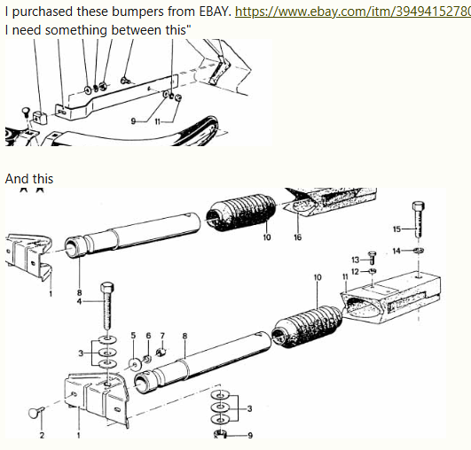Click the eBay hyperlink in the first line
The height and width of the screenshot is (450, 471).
353,12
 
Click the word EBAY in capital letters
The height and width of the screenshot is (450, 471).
216,12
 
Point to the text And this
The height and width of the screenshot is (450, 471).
29,179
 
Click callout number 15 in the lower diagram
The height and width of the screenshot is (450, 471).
396,229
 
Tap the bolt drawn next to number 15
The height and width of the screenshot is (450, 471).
418,220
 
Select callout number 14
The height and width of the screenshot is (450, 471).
396,251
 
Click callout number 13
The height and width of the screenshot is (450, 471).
356,260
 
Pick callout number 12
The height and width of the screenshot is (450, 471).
355,272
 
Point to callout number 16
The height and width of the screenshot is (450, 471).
297,237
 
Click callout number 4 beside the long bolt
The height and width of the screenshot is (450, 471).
79,301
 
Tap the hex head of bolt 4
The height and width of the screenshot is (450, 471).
107,288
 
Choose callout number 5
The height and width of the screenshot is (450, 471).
133,336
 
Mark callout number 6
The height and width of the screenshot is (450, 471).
148,336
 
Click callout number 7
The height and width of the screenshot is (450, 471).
162,336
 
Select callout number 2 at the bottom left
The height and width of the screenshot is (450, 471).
42,435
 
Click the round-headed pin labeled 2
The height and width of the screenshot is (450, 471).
36,412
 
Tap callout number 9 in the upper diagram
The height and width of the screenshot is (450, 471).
133,121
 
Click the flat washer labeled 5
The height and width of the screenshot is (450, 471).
135,364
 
